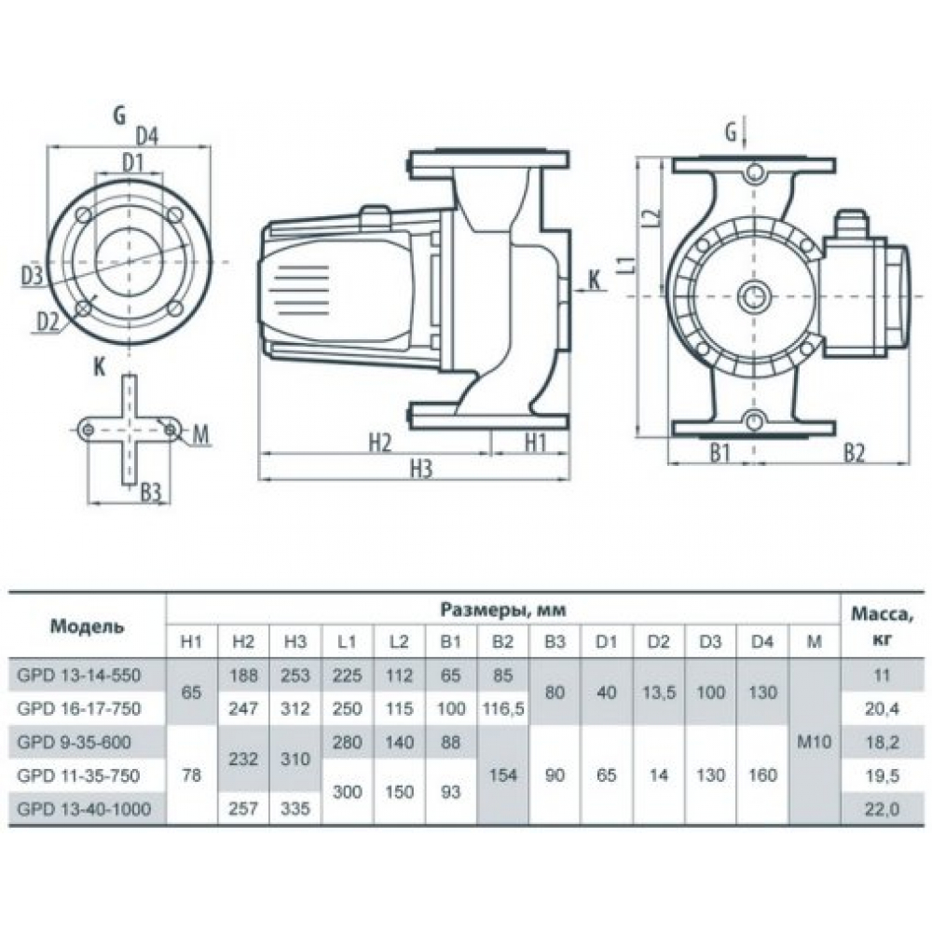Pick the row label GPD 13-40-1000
pos(82,810)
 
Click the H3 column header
pos(295,641)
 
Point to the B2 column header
pos(502,641)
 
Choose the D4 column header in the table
pos(762,641)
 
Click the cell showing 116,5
pos(502,709)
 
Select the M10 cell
pos(815,743)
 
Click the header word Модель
pos(86,625)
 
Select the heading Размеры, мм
pos(504,610)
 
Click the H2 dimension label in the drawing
pos(377,444)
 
